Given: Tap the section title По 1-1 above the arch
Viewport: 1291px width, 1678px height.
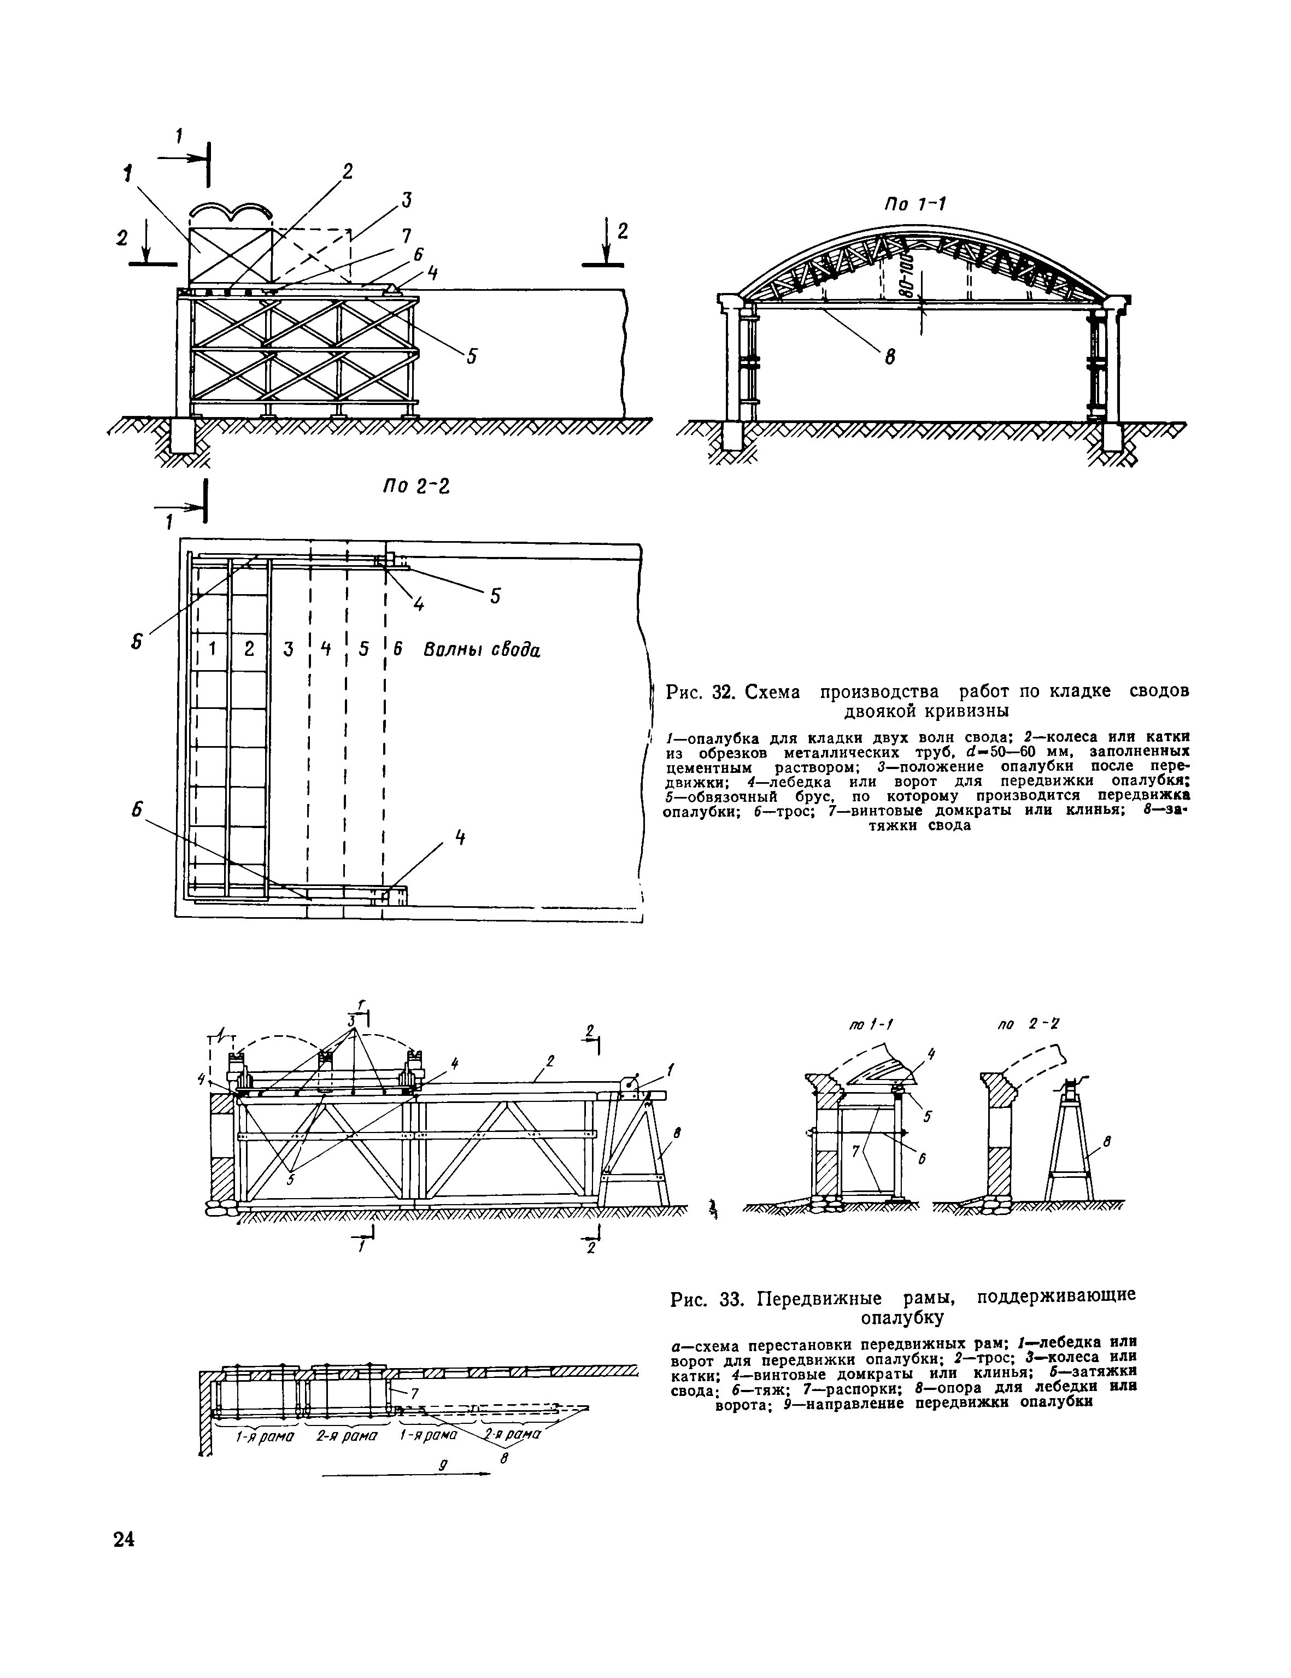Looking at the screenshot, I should pyautogui.click(x=914, y=204).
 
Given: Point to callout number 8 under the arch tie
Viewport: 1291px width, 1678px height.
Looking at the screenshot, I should pyautogui.click(x=889, y=357).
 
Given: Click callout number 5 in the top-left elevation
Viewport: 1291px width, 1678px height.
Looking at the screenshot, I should pyautogui.click(x=472, y=356).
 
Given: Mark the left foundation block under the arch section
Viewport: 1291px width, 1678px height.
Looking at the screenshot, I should pyautogui.click(x=732, y=437).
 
